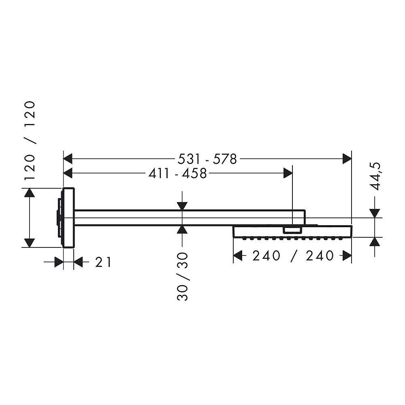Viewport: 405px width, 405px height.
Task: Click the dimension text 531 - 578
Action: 207,159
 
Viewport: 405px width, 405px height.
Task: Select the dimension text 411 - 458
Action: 177,174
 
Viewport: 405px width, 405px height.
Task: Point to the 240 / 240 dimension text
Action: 292,256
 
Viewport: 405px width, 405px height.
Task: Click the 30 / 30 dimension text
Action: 183,277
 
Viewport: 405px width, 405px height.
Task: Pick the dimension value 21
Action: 103,263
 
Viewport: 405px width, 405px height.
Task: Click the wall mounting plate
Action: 68,217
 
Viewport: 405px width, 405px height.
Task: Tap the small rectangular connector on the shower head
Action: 292,230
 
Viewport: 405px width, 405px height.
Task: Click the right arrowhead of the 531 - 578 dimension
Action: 347,159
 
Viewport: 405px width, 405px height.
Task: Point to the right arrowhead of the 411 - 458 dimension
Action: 288,173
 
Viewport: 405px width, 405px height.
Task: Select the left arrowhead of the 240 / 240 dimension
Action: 238,256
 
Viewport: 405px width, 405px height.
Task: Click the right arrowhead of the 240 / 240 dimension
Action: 347,256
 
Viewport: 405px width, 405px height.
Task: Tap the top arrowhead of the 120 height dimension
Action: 29,193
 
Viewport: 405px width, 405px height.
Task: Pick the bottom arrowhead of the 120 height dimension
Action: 29,243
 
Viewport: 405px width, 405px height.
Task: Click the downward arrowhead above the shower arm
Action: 182,206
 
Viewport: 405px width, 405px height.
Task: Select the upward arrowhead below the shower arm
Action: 182,230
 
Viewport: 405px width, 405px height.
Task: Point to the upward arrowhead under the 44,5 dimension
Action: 375,242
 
